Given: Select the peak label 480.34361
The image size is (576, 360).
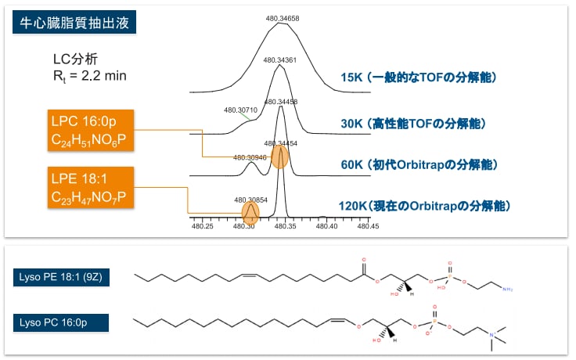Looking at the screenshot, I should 279,59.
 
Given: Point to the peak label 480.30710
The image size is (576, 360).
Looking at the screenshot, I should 240,110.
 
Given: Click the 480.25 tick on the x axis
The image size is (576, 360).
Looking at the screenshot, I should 203,227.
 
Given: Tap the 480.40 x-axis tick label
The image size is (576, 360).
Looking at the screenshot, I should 326,227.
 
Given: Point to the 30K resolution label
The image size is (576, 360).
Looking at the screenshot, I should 413,124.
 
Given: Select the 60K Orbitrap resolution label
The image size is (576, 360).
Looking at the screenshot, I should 419,165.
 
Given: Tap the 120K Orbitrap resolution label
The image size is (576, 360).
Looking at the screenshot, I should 426,207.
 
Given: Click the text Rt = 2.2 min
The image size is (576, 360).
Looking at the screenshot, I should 85,76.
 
